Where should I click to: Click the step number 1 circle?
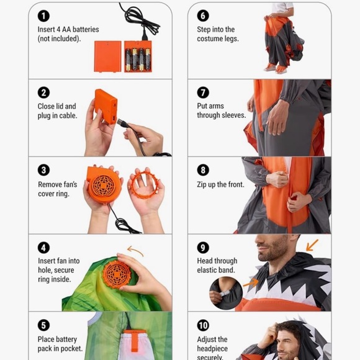point(43,16)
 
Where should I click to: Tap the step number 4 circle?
point(43,248)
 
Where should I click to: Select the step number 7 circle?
point(203,92)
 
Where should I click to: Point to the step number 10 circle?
point(203,325)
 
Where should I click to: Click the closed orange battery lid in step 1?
point(107,56)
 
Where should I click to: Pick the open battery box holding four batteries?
point(138,56)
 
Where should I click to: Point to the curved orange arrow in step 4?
point(135,250)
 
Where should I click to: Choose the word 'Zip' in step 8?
point(202,185)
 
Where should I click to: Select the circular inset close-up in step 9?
point(226,293)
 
